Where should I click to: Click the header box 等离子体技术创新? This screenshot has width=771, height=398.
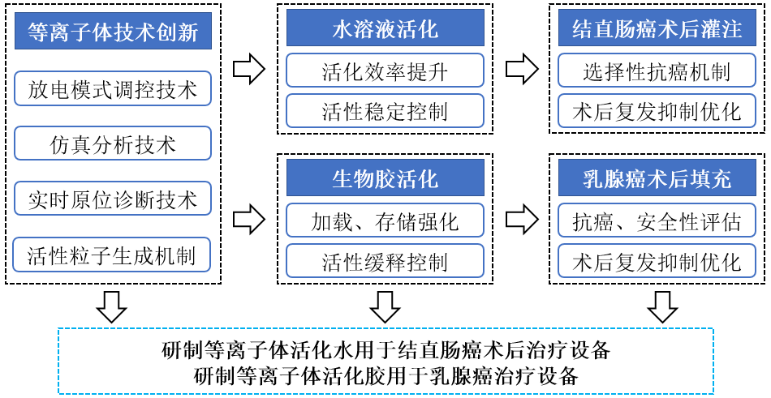pyautogui.click(x=113, y=32)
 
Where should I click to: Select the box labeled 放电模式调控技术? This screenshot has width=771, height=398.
pyautogui.click(x=113, y=88)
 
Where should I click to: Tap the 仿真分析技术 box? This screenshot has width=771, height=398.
pyautogui.click(x=113, y=143)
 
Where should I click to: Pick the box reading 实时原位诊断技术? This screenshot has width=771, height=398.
pyautogui.click(x=113, y=199)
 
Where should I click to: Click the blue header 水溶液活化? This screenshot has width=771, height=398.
pyautogui.click(x=385, y=31)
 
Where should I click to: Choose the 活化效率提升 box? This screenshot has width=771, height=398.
pyautogui.click(x=385, y=71)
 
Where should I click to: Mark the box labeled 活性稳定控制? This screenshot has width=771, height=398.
pyautogui.click(x=385, y=111)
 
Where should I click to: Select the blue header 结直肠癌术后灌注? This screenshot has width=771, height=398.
pyautogui.click(x=657, y=31)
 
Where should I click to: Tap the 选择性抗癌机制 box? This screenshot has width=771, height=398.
pyautogui.click(x=657, y=71)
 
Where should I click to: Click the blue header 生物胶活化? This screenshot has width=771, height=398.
pyautogui.click(x=385, y=178)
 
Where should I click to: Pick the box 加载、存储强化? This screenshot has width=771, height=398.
pyautogui.click(x=385, y=220)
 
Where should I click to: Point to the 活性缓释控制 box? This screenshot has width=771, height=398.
pyautogui.click(x=385, y=261)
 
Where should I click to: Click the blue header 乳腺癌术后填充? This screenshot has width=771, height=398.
pyautogui.click(x=657, y=178)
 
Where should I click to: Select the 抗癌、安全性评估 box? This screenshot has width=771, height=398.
pyautogui.click(x=657, y=220)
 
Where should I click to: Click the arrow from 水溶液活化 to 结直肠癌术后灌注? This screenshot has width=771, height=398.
pyautogui.click(x=521, y=70)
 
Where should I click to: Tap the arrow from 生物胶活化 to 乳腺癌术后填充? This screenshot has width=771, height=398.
pyautogui.click(x=521, y=219)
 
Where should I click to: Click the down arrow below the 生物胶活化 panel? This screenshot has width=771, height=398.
pyautogui.click(x=385, y=306)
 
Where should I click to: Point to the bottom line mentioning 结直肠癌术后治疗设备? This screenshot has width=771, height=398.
pyautogui.click(x=385, y=351)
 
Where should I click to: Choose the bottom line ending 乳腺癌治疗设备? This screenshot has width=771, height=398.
pyautogui.click(x=385, y=375)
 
